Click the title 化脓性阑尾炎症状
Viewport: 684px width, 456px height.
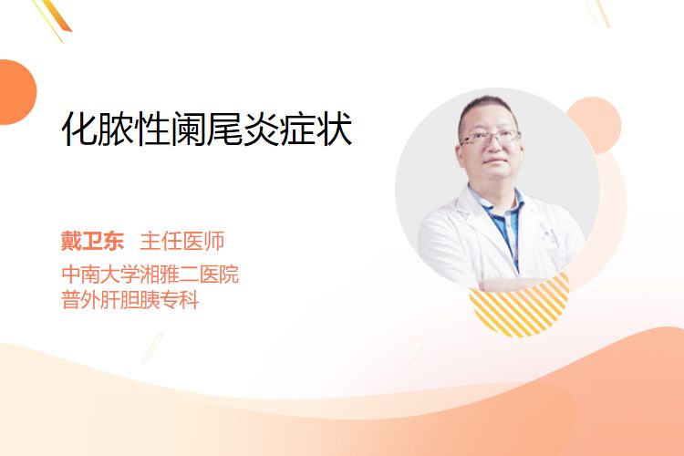click(207, 129)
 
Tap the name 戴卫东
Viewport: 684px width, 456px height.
click(92, 241)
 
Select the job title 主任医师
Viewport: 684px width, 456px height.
click(182, 241)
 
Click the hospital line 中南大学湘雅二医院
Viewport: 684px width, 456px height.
click(150, 274)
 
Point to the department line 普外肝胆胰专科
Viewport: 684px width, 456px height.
click(130, 300)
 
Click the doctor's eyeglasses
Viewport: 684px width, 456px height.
click(491, 138)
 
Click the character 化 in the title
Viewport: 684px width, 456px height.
click(78, 130)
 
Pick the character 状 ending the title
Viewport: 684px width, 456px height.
click(335, 130)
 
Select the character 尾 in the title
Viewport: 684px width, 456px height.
click(224, 130)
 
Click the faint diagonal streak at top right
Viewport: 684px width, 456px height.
click(601, 12)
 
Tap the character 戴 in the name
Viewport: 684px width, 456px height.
click(71, 241)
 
